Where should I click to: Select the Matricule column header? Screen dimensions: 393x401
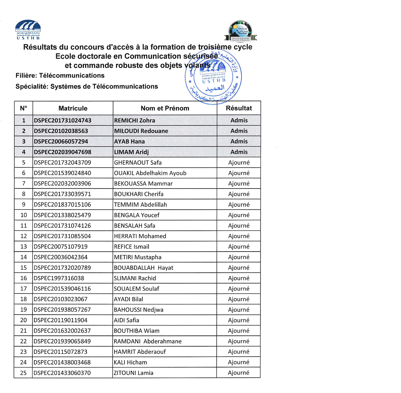73,108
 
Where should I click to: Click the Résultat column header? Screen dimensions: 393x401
239,108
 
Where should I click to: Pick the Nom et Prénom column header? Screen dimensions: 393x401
165,108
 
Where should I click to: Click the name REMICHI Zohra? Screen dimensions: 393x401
135,121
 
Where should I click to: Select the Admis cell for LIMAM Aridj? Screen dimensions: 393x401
239,152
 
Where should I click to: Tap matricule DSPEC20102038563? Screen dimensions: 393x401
61,131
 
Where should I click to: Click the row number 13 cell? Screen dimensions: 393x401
23,247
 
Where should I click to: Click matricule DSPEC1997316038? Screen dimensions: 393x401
59,279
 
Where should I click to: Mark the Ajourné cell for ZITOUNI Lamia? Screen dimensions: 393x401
239,373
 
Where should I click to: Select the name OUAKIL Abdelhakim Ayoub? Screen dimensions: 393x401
150,173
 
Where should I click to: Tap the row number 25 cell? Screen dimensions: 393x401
23,373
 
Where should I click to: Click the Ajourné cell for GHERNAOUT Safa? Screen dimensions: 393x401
239,163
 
